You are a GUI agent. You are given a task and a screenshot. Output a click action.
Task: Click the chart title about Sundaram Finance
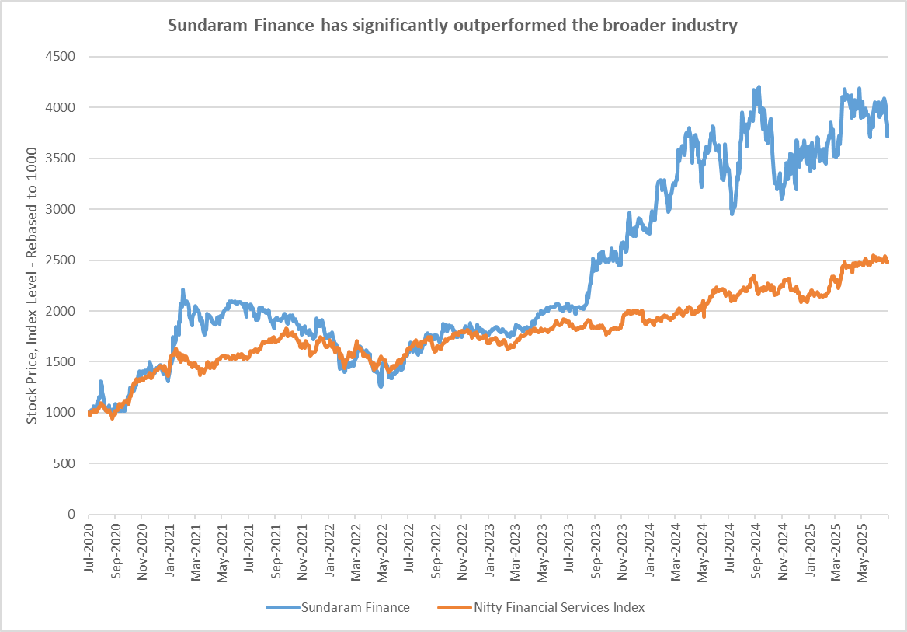453,26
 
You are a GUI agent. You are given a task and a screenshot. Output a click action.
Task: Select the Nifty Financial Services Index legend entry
558,607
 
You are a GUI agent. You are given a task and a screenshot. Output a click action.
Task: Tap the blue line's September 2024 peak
758,88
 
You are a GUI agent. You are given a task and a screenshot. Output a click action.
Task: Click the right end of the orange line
888,262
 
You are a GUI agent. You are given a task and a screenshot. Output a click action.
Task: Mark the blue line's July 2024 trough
732,212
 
